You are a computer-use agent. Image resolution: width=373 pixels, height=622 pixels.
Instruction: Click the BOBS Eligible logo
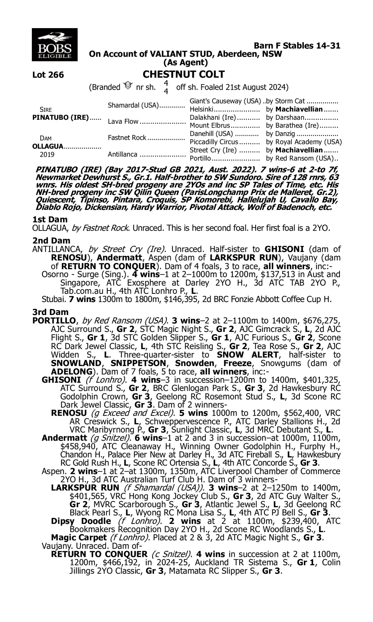tap(54, 45)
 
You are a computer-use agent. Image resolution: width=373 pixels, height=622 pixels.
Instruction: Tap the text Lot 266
tap(48, 75)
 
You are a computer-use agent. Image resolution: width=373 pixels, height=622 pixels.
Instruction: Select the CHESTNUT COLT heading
tap(184, 74)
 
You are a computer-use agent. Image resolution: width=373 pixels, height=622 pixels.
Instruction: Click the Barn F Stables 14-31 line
tap(297, 46)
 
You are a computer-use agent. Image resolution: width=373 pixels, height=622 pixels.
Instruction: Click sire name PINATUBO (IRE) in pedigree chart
tap(61, 118)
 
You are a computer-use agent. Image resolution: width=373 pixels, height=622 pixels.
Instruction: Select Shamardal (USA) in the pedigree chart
tap(133, 105)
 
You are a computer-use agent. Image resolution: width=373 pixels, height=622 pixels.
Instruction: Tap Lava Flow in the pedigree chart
tap(123, 121)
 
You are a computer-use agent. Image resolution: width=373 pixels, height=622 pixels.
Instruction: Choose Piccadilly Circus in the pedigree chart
tap(214, 142)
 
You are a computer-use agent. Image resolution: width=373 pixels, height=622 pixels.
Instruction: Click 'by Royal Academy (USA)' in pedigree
tap(304, 142)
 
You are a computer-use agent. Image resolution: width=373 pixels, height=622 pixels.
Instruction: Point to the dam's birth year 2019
tap(47, 155)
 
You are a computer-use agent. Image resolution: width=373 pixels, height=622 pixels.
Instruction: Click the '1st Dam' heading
tap(50, 219)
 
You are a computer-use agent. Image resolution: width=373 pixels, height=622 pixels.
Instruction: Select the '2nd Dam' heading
tap(51, 241)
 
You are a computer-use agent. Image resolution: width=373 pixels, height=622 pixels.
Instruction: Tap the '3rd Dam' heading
tap(50, 312)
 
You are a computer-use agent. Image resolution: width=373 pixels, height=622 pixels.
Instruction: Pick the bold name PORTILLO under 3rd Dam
tap(54, 320)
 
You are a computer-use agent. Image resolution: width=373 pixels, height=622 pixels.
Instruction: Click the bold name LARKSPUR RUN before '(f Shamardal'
tap(85, 488)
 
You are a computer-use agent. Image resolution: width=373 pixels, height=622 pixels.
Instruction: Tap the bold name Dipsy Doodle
tap(81, 521)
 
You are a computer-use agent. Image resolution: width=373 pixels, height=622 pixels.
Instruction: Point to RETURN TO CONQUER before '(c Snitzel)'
tap(99, 554)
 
